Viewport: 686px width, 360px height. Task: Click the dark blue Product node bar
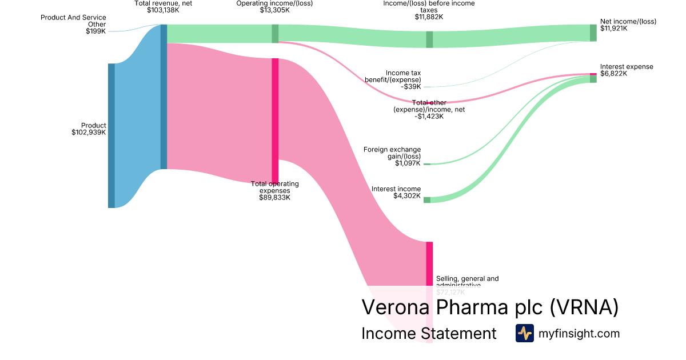point(111,135)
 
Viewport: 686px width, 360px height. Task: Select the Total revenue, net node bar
point(163,97)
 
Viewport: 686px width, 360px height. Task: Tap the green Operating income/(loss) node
point(275,34)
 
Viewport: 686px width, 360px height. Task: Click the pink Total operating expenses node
point(275,120)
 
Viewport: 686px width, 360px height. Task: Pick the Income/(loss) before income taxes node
point(429,39)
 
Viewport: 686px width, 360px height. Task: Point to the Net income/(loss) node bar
point(593,33)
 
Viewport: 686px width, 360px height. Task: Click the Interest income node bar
point(426,199)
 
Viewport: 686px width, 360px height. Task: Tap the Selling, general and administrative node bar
point(429,263)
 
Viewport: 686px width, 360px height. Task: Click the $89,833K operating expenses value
point(274,198)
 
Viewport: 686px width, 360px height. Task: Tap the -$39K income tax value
point(411,87)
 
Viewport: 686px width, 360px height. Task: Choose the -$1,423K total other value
point(429,117)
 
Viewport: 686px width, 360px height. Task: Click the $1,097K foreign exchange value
point(408,163)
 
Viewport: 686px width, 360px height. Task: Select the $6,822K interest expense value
point(613,74)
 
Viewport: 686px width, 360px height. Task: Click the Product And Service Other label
point(73,21)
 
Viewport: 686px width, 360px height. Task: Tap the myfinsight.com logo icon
point(524,333)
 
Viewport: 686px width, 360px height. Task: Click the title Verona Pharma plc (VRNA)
point(490,307)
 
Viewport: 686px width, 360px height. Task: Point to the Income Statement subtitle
point(429,334)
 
